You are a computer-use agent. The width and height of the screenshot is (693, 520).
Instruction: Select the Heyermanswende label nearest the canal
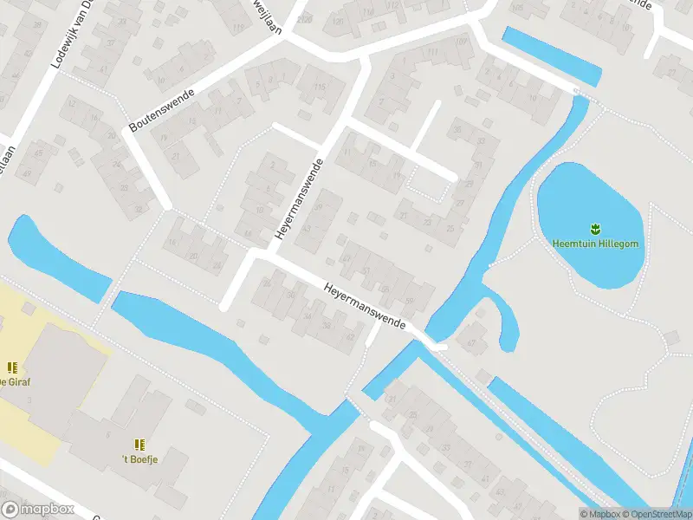[365, 304]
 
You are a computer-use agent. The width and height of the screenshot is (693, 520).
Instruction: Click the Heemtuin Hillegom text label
[596, 244]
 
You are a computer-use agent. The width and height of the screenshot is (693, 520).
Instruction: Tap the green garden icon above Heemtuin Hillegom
[595, 230]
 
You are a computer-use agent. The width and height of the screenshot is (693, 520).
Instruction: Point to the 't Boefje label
[141, 458]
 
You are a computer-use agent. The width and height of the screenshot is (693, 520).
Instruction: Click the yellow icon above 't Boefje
[139, 444]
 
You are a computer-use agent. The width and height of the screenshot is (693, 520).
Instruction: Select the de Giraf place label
[15, 381]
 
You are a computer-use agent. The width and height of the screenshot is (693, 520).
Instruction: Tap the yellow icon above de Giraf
[12, 367]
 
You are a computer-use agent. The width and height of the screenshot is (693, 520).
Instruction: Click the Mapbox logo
[38, 509]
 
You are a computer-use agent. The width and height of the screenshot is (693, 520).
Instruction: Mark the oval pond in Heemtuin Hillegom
[592, 224]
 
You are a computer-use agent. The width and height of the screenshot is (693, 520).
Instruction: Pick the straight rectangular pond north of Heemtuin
[552, 55]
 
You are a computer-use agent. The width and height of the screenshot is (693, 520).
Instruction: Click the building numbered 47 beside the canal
[472, 343]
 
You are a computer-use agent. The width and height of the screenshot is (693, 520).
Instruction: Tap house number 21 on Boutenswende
[176, 155]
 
